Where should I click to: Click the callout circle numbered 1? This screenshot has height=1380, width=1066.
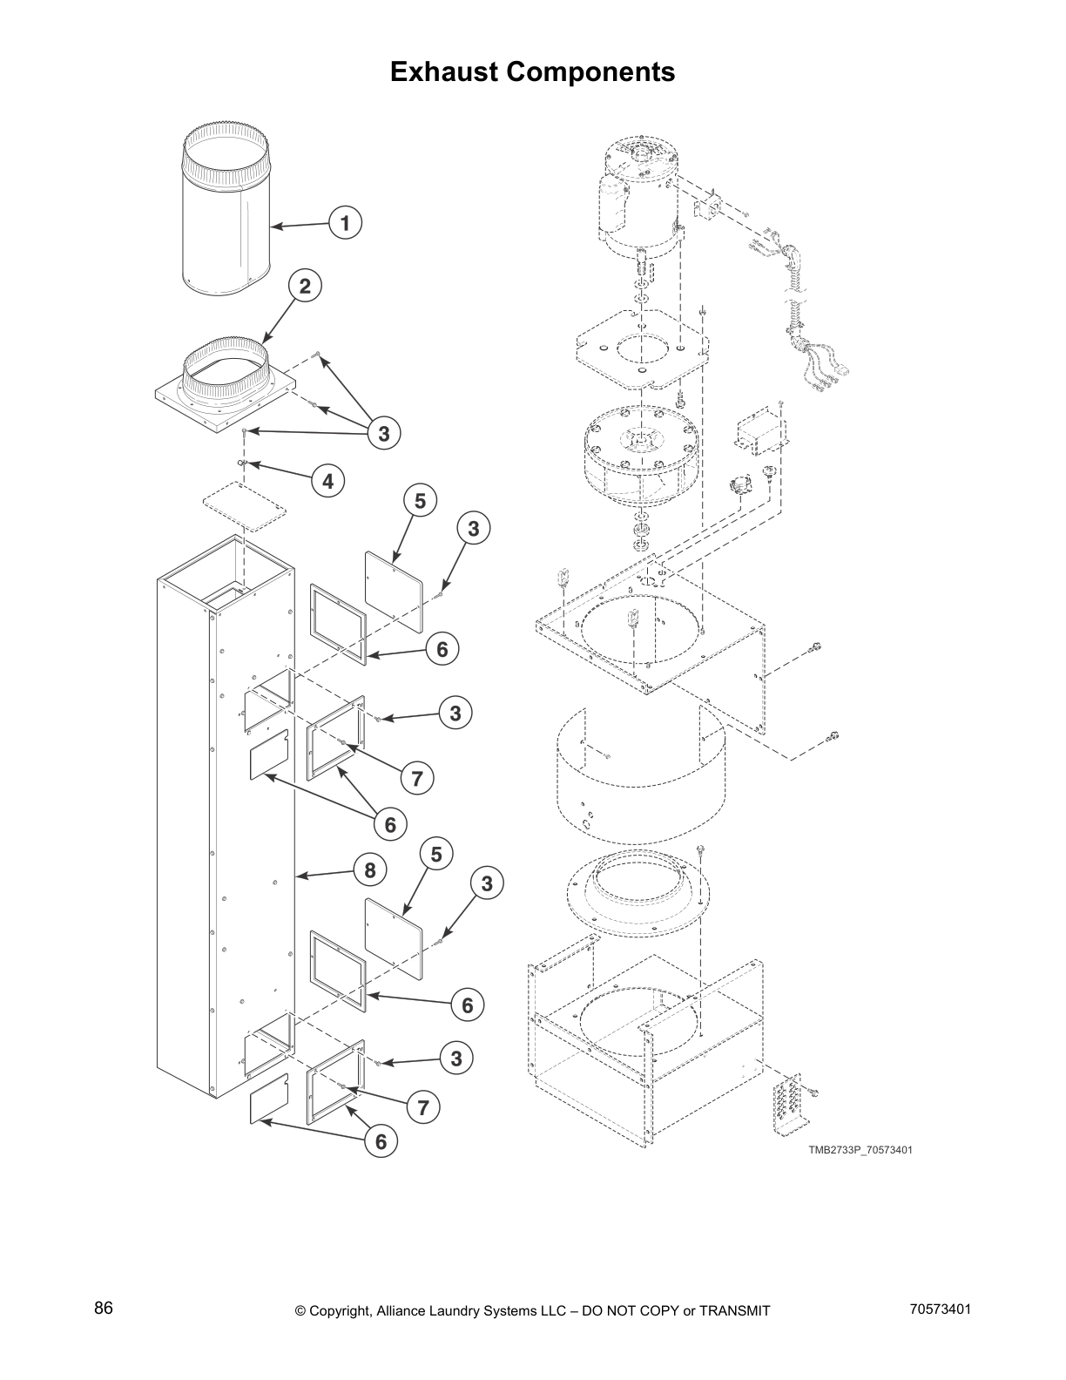tap(346, 223)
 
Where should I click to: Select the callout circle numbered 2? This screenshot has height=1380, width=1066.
tap(305, 286)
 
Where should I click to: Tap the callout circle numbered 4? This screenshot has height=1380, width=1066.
tap(327, 481)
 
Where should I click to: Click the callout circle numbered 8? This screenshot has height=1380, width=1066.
tap(370, 869)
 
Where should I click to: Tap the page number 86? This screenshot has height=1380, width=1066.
tap(104, 1309)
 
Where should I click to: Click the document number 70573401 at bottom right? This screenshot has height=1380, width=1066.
tap(940, 1309)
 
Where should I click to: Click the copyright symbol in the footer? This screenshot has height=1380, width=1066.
tap(301, 1311)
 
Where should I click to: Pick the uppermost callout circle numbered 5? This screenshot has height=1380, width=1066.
tap(420, 501)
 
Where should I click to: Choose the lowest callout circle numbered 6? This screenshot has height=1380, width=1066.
tap(381, 1141)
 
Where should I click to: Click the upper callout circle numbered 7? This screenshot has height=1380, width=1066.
tap(417, 778)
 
